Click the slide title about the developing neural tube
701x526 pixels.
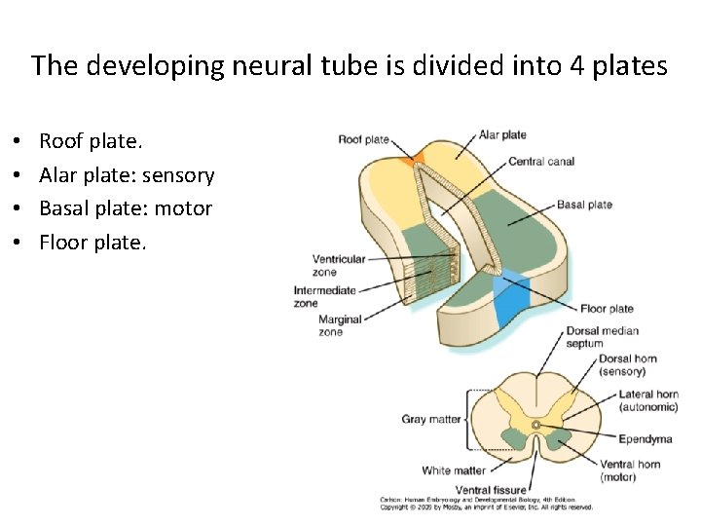tap(350, 66)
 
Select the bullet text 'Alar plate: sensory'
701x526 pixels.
tap(127, 175)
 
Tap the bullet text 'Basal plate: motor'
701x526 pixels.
tap(126, 208)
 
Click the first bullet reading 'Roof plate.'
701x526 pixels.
tap(91, 142)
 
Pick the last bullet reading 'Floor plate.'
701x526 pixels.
tap(92, 242)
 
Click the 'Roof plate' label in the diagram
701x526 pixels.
tap(363, 139)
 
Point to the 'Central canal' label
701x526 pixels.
tap(541, 162)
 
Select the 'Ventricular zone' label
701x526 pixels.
tap(338, 265)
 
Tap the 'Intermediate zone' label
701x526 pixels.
tap(325, 296)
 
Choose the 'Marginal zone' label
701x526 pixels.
tap(339, 325)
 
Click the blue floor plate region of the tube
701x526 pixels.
tap(510, 300)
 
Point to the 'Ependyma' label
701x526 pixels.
tap(645, 439)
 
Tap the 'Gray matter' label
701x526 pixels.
tap(431, 420)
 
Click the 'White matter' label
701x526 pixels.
tap(453, 471)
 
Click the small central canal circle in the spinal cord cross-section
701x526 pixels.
tap(536, 425)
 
